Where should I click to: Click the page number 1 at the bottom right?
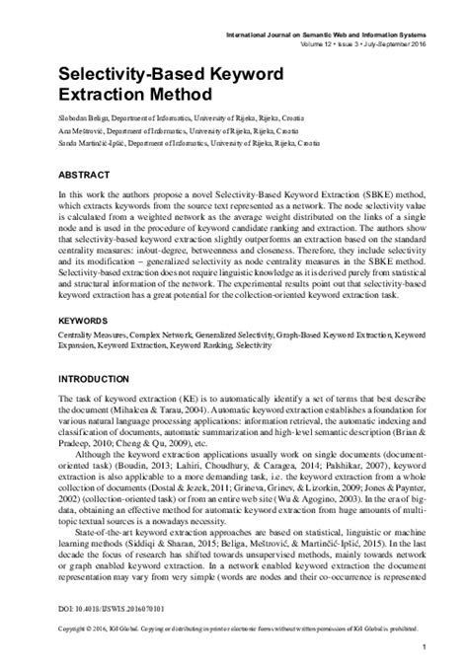pos(423,647)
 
